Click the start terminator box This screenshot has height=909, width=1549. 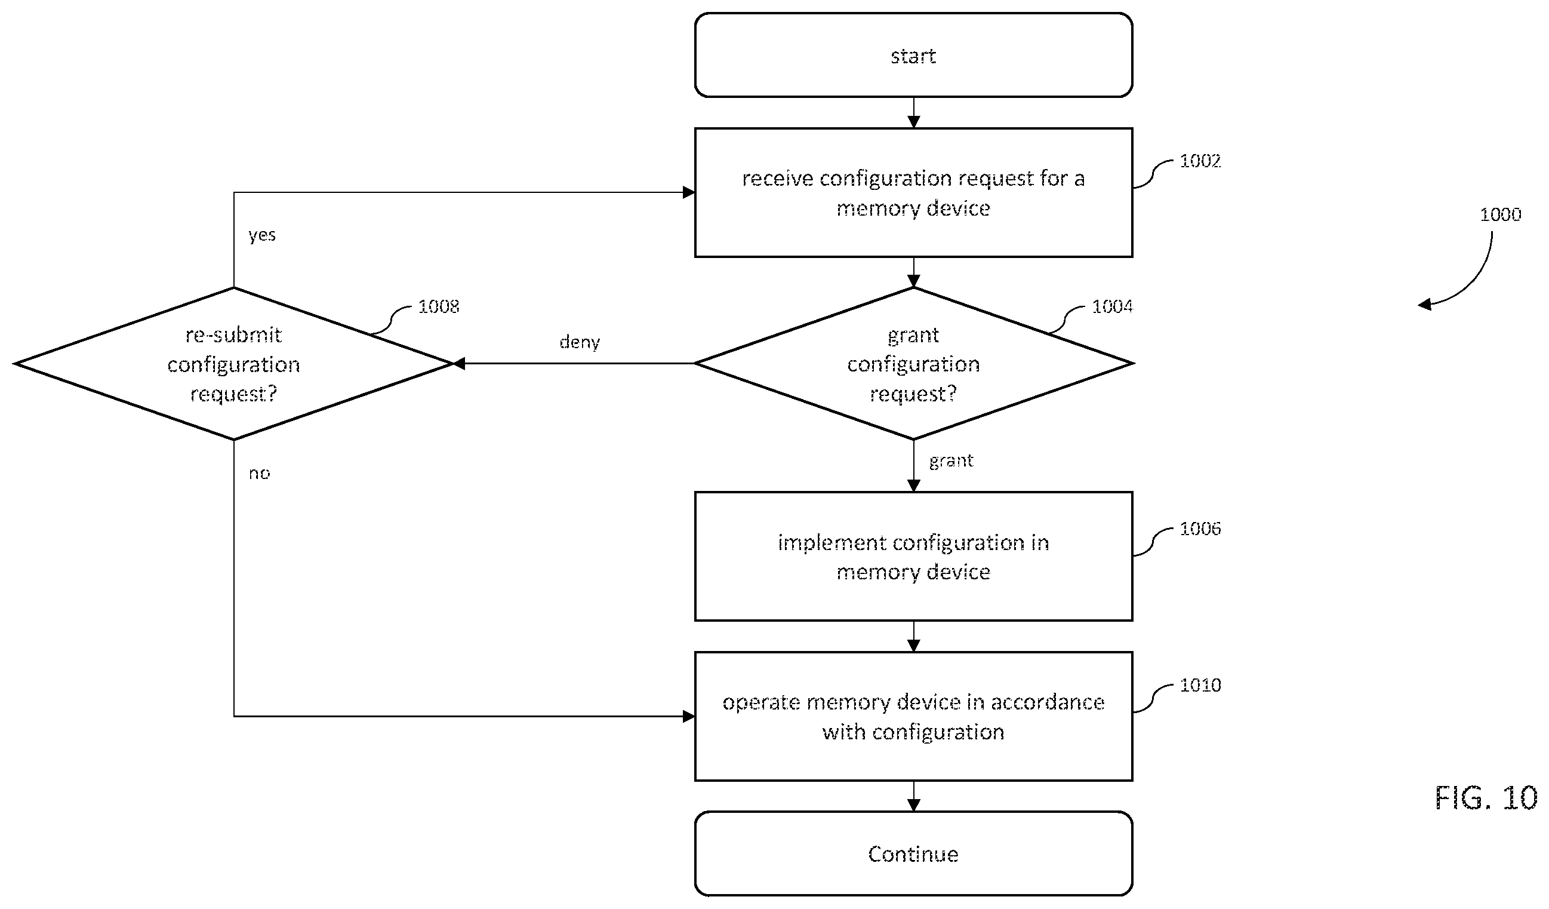pos(913,55)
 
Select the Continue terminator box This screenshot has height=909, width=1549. pos(913,853)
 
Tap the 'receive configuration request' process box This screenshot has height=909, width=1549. pos(913,192)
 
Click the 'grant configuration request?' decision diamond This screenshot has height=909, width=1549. pos(913,364)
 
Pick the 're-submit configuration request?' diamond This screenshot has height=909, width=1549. pos(233,364)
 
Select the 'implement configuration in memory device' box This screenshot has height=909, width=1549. pos(913,557)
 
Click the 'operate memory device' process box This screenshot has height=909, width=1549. pos(913,717)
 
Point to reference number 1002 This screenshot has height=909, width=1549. pos(1200,161)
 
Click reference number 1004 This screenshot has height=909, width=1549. pos(1112,306)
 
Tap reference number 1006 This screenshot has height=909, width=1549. pos(1200,529)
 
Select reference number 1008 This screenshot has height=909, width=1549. pos(438,306)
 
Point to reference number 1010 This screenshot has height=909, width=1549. pos(1200,685)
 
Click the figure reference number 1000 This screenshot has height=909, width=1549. pos(1501,214)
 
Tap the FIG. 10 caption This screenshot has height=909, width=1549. pos(1486,799)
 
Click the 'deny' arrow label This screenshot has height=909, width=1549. pos(579,342)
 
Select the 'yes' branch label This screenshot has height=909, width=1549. pos(262,235)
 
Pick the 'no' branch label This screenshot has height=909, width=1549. pos(260,473)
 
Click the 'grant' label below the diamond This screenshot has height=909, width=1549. pos(951,461)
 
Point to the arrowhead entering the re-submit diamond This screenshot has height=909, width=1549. pos(458,364)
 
